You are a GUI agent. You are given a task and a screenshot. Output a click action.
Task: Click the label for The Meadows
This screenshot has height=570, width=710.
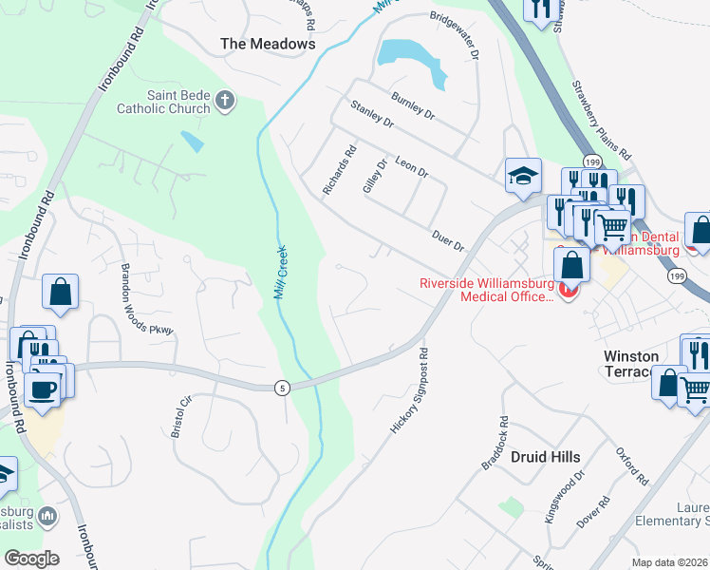pos(268,44)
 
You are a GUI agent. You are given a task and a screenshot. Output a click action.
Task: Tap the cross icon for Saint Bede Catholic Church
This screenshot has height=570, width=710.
pos(225,101)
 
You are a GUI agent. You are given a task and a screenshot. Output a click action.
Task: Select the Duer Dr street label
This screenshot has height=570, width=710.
pos(447,238)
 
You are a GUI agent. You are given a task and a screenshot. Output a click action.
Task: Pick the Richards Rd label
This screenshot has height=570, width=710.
pos(339,170)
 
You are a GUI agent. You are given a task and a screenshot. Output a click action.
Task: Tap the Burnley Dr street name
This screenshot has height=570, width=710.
pos(414,106)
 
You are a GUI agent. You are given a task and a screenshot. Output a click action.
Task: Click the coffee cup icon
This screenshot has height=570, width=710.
pos(42,389)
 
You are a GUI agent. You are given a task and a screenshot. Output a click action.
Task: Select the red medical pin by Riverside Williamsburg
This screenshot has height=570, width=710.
pos(569,290)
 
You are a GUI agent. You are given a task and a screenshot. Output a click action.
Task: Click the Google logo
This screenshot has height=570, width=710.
pos(31,559)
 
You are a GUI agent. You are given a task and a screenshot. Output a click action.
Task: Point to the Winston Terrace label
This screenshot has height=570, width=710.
pos(645,364)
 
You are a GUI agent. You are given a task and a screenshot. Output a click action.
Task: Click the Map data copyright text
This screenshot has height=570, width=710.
pos(669,562)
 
